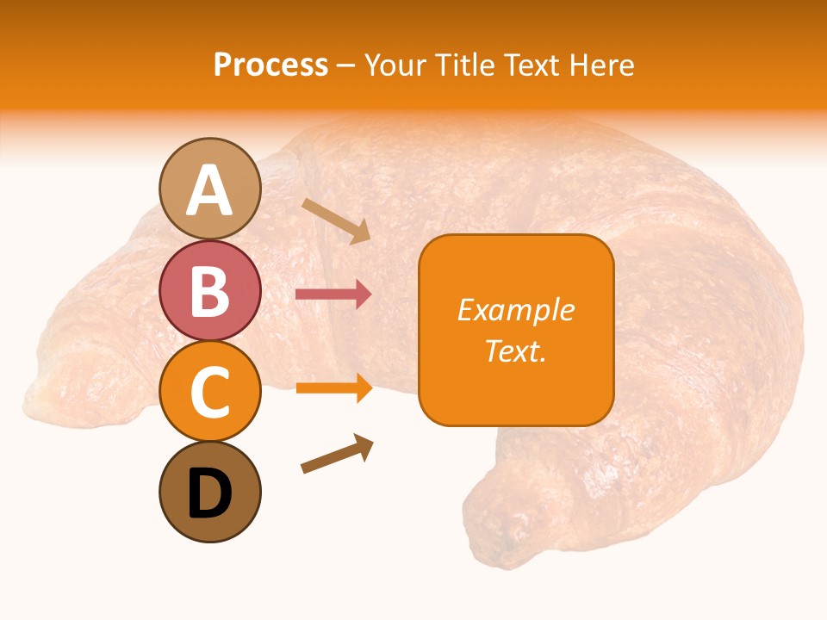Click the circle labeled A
click(210, 189)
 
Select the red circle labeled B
click(210, 290)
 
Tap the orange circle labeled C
click(210, 392)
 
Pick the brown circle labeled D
click(210, 493)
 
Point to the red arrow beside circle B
click(333, 294)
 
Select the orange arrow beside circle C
click(333, 388)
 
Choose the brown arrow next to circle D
click(337, 455)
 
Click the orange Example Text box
click(516, 331)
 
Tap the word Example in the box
click(516, 310)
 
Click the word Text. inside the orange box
click(516, 350)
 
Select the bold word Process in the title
click(270, 65)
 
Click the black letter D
click(210, 494)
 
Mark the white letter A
click(210, 190)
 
